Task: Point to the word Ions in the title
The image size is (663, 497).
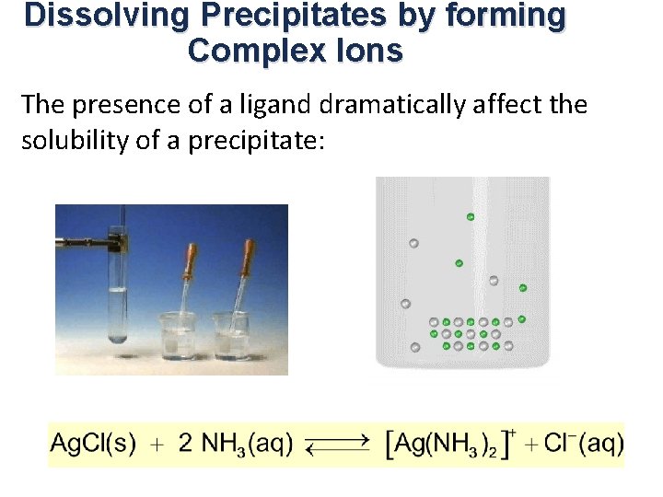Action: pos(372,51)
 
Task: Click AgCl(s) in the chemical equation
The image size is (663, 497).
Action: pos(92,444)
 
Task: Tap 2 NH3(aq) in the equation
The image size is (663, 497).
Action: pos(236,444)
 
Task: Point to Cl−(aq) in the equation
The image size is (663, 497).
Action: pos(583,444)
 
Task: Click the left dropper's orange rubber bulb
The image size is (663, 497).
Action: pos(192,260)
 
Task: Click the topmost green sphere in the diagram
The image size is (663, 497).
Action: pos(471,216)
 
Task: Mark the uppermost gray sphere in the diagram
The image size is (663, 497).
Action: pos(413,243)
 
